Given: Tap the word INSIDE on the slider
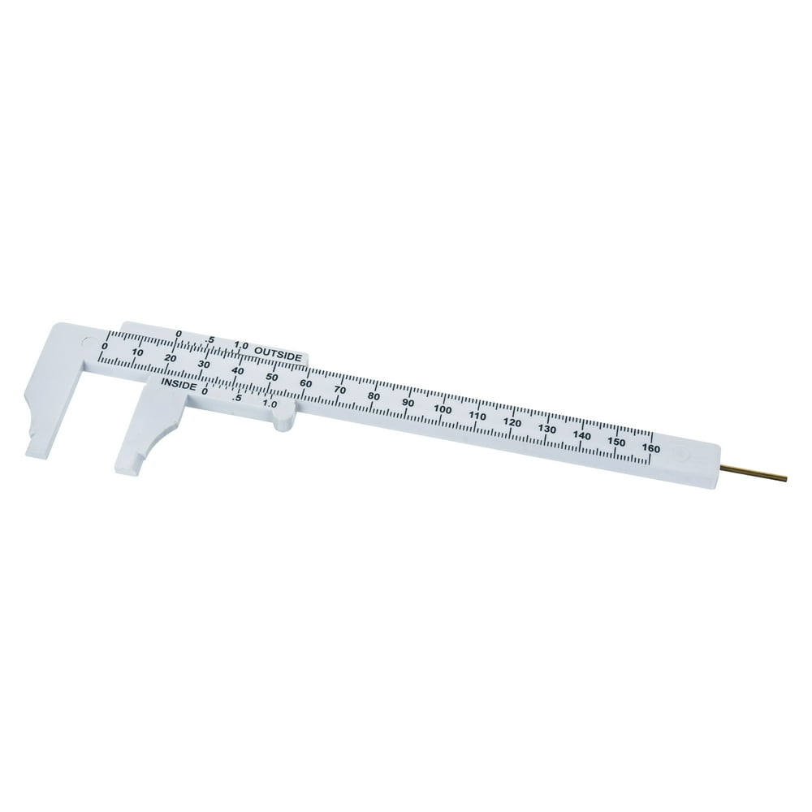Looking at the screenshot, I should pyautogui.click(x=178, y=384).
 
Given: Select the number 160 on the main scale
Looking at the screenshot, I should pyautogui.click(x=650, y=447).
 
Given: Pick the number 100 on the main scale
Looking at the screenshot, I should pyautogui.click(x=443, y=409).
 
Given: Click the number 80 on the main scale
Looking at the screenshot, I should pyautogui.click(x=374, y=396).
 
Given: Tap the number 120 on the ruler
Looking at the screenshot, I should pyautogui.click(x=512, y=422).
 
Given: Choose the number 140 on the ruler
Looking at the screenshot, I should pyautogui.click(x=581, y=435).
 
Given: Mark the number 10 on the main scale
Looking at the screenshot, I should pyautogui.click(x=137, y=352).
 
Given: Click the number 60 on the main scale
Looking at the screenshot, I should pyautogui.click(x=306, y=384).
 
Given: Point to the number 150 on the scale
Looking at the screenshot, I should pyautogui.click(x=615, y=442).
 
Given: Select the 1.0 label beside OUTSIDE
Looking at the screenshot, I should pyautogui.click(x=240, y=346).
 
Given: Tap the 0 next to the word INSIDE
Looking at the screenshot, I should pyautogui.click(x=205, y=391).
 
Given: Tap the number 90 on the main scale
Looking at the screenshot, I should pyautogui.click(x=408, y=403).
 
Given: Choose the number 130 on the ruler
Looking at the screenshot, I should pyautogui.click(x=546, y=429).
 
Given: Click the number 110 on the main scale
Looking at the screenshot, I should pyautogui.click(x=477, y=416).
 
